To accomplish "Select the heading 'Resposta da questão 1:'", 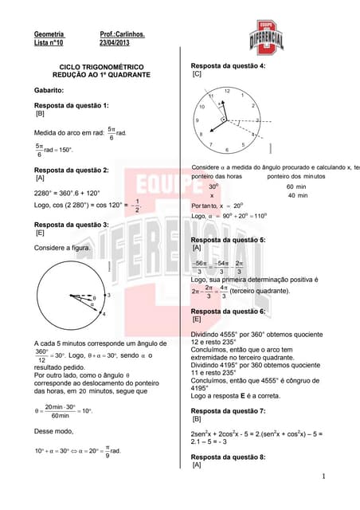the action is [72, 105].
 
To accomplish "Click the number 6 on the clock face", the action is [228, 150].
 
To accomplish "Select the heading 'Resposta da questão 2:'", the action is [72, 171].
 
